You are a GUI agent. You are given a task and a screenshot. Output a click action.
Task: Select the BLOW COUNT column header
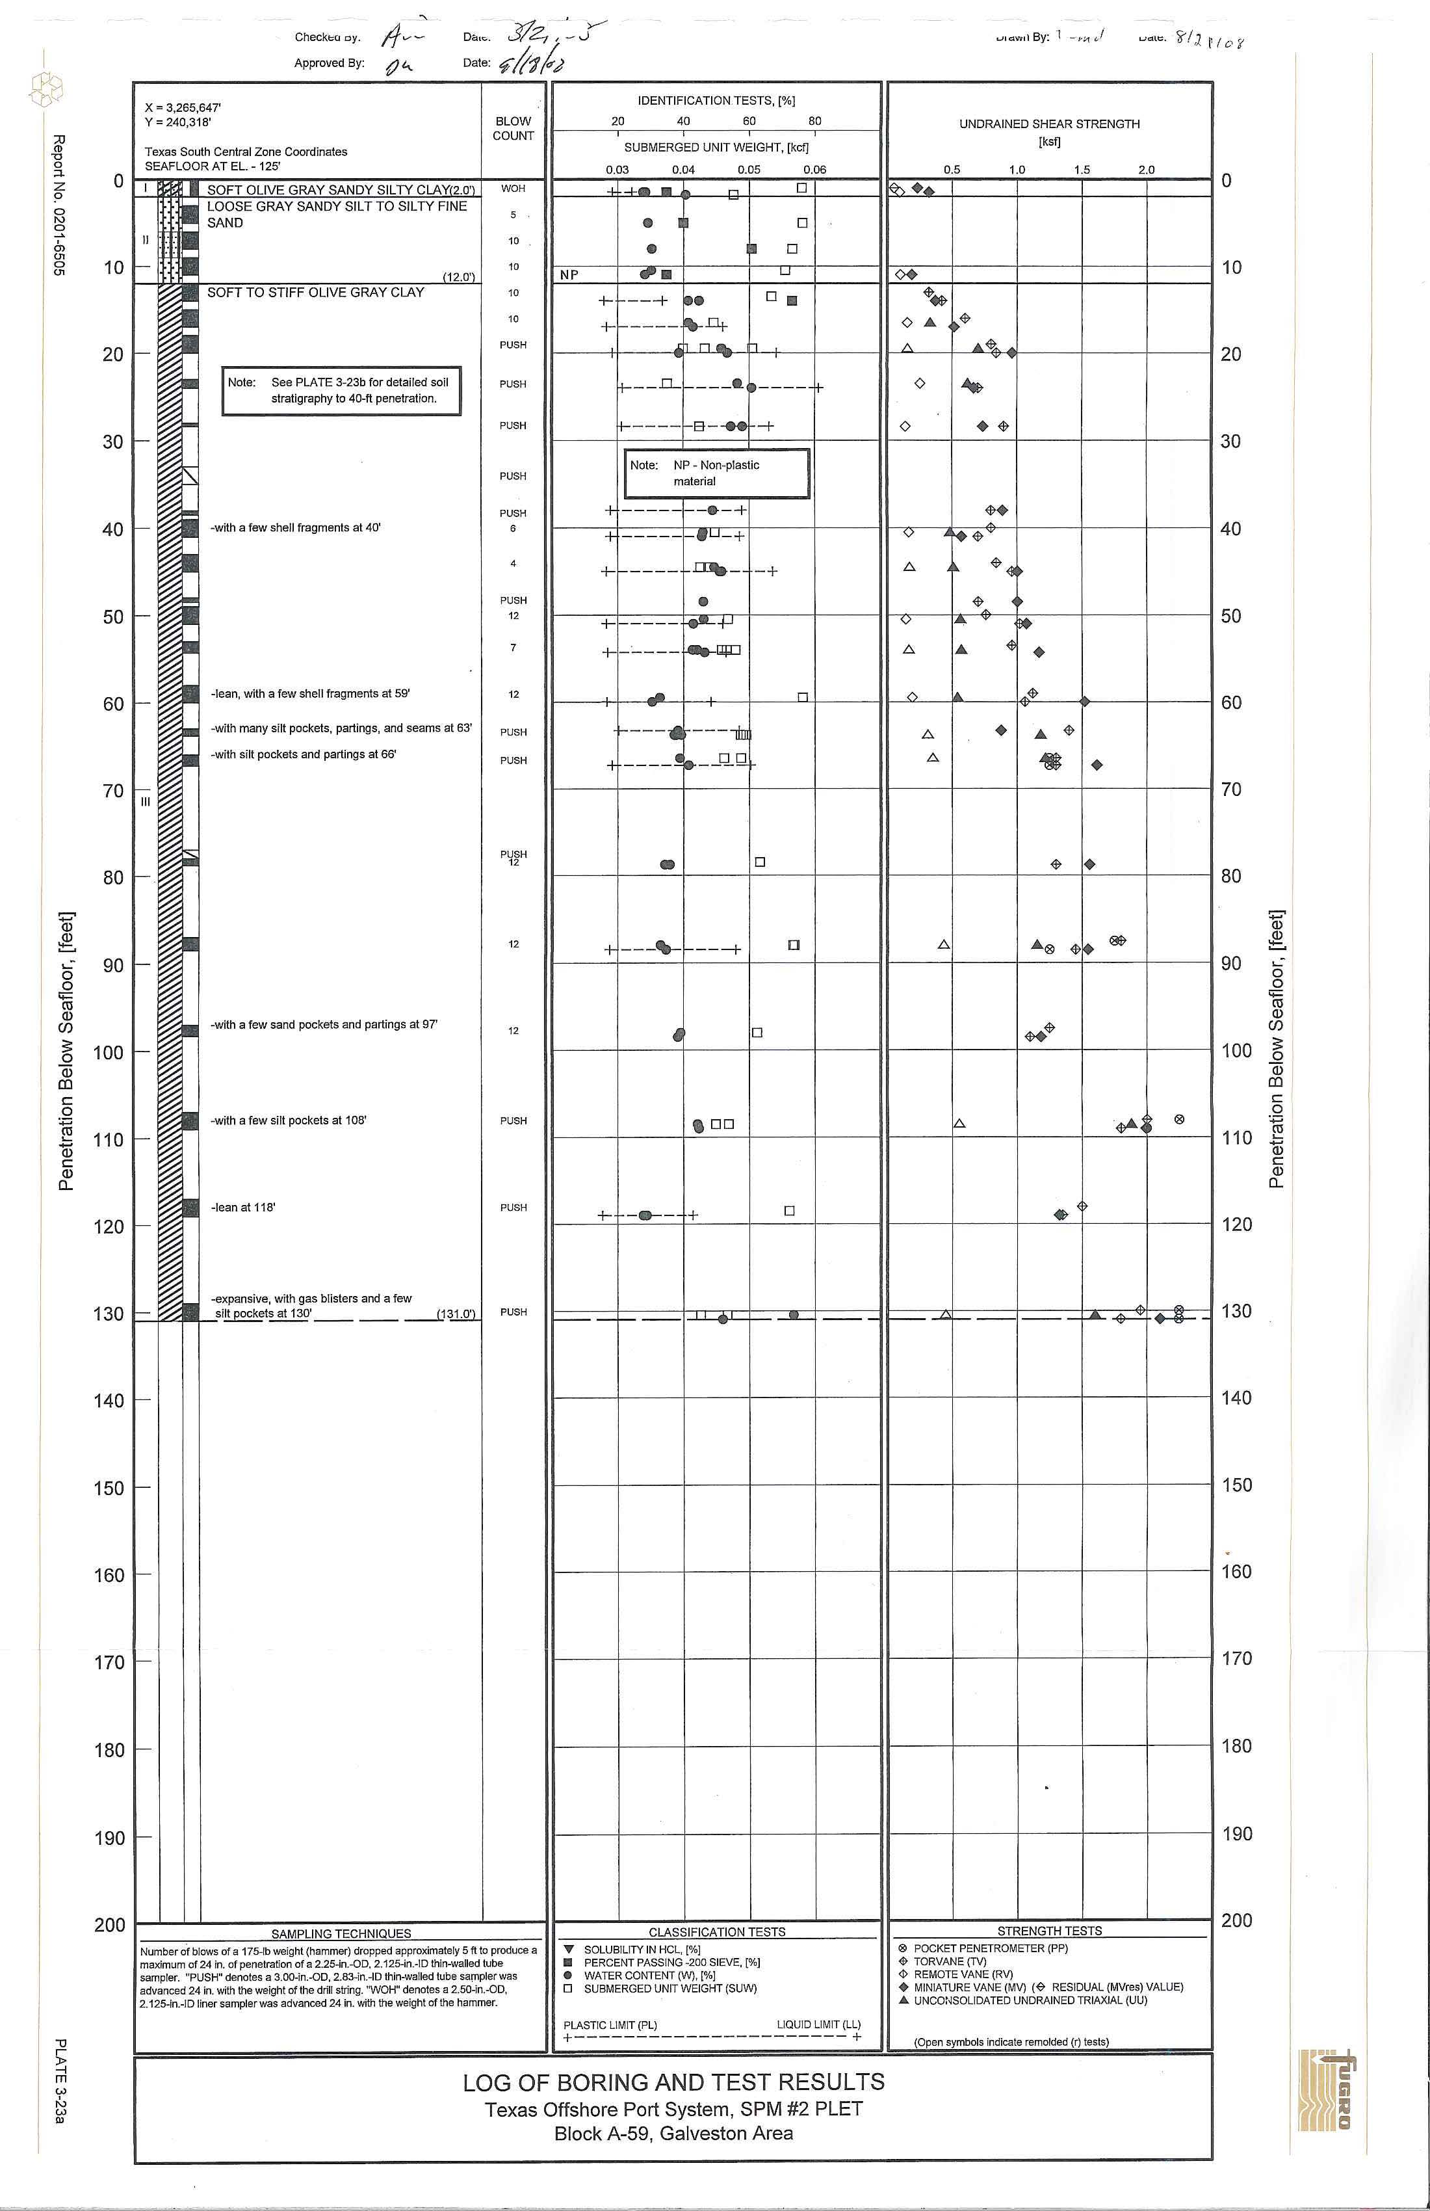click(x=513, y=128)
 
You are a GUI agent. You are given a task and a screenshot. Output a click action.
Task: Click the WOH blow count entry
click(x=513, y=189)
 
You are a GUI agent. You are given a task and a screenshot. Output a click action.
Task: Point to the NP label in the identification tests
click(x=569, y=275)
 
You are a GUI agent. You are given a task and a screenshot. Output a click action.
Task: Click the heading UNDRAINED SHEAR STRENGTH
click(x=1049, y=124)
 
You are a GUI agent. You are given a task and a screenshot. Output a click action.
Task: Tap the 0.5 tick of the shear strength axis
click(x=952, y=170)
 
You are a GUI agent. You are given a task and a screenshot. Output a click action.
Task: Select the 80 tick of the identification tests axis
click(x=814, y=122)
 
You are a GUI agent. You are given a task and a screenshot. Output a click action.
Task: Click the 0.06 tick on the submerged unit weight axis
click(x=814, y=170)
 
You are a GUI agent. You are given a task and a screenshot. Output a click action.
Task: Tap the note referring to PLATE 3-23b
click(x=342, y=390)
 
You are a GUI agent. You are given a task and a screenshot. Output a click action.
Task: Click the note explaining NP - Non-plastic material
click(x=716, y=473)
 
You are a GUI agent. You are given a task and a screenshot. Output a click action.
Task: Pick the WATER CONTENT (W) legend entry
click(x=649, y=1975)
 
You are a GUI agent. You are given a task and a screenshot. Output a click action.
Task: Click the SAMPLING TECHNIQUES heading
click(x=341, y=1933)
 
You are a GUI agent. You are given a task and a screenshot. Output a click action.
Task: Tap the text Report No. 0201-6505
click(x=58, y=204)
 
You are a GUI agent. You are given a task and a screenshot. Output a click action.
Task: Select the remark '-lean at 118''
click(x=243, y=1208)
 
